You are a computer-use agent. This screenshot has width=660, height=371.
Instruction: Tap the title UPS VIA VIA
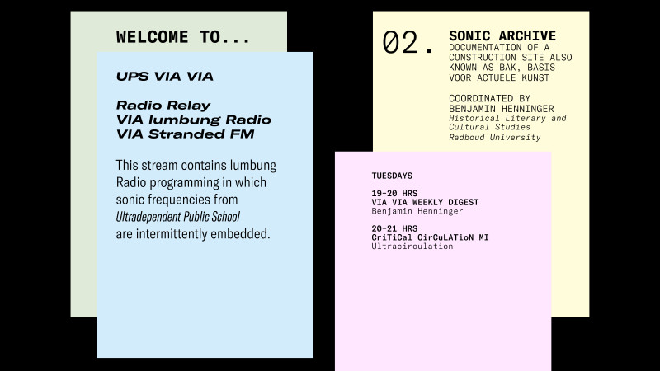(164, 76)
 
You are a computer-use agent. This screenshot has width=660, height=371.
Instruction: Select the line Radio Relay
(163, 106)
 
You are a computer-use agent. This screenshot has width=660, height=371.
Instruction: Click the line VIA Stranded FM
(185, 134)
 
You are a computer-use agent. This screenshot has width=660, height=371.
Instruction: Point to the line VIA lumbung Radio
(194, 120)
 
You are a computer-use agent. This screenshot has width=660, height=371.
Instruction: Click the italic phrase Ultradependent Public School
(177, 217)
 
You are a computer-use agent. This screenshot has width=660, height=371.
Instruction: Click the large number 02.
(408, 43)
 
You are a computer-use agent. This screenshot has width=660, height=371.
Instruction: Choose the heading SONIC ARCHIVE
(502, 35)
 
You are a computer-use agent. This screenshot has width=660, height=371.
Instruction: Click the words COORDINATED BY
(489, 98)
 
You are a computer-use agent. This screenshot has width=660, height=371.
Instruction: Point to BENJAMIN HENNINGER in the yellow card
(502, 109)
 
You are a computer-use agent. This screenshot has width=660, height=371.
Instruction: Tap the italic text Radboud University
(494, 137)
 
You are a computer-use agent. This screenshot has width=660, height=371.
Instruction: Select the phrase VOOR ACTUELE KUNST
(499, 77)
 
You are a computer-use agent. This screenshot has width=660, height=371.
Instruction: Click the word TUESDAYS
(392, 176)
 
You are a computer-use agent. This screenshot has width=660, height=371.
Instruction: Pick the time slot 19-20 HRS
(394, 194)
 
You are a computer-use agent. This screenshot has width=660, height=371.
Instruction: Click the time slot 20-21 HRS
(394, 229)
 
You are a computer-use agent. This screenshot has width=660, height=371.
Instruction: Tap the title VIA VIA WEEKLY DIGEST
(425, 202)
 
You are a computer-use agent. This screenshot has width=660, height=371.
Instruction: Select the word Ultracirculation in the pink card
(412, 247)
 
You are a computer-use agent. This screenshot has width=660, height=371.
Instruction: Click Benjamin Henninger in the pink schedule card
(417, 211)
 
